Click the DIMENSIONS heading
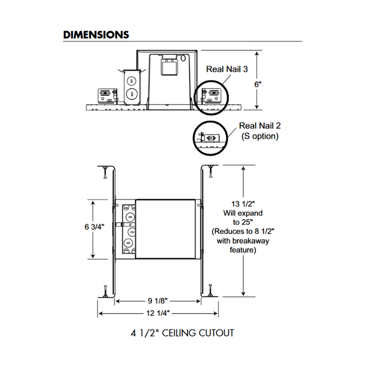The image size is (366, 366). tap(96, 35)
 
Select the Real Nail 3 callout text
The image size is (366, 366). tap(226, 68)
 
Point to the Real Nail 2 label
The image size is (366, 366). tap(260, 125)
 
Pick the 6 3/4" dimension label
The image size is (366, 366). tap(94, 227)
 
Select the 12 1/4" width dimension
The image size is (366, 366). tap(158, 313)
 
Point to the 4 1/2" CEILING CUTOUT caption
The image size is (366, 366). tap(182, 332)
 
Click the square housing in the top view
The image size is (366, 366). tap(166, 228)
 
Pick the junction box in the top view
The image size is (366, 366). tap(128, 228)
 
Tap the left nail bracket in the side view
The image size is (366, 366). tap(106, 96)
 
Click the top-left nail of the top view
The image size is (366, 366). tap(105, 172)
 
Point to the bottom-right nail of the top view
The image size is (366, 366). tap(211, 291)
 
